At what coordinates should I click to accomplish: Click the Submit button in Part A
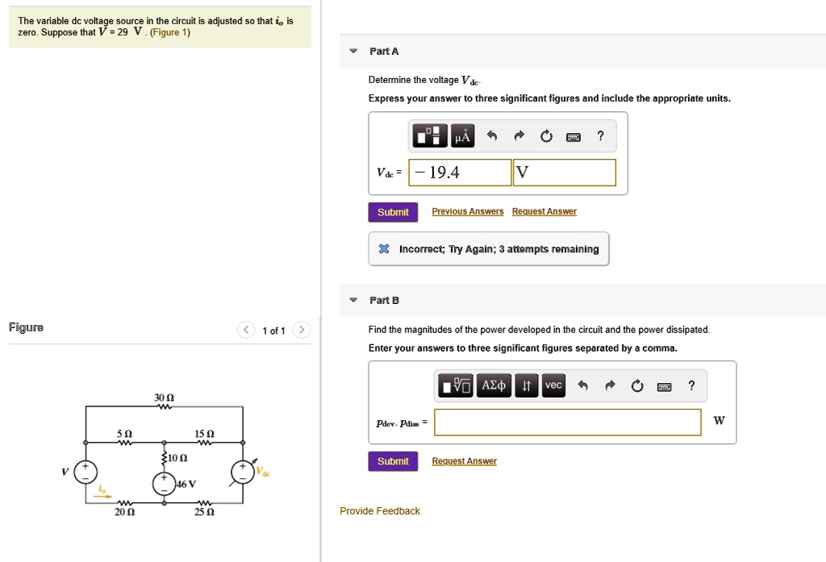393,212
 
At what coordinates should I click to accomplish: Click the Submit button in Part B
393,461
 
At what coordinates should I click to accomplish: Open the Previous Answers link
468,211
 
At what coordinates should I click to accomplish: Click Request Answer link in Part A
544,211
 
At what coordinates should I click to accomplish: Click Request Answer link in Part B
465,461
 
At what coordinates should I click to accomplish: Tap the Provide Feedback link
380,511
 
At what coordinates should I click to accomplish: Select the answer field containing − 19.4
461,172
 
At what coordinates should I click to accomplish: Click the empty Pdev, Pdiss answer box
567,422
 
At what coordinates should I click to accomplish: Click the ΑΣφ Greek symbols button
494,386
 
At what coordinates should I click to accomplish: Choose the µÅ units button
462,136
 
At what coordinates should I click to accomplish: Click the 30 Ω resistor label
165,398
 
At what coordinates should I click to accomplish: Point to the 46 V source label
186,484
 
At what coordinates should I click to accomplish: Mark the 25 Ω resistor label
204,512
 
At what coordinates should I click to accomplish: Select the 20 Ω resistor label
124,512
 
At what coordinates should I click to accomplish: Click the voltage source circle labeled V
86,472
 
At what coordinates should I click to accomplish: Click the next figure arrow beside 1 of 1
301,331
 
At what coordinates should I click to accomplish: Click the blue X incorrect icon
385,249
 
